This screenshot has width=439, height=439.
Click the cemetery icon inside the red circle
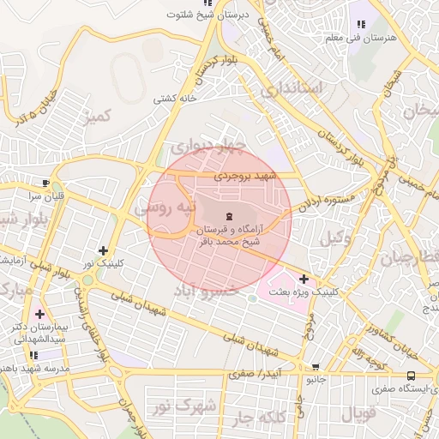[229, 215]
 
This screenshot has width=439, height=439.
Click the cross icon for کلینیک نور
[104, 251]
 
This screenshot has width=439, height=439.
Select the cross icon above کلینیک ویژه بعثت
[304, 279]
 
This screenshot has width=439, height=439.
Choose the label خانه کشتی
[176, 99]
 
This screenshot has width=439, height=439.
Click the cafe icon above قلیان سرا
[45, 183]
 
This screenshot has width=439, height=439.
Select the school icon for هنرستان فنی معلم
[360, 26]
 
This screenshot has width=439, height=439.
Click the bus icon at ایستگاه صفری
[412, 375]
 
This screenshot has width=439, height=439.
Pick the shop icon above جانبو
[315, 366]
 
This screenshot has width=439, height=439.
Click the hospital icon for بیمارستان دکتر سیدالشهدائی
[39, 314]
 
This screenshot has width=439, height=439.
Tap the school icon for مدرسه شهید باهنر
[33, 354]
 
